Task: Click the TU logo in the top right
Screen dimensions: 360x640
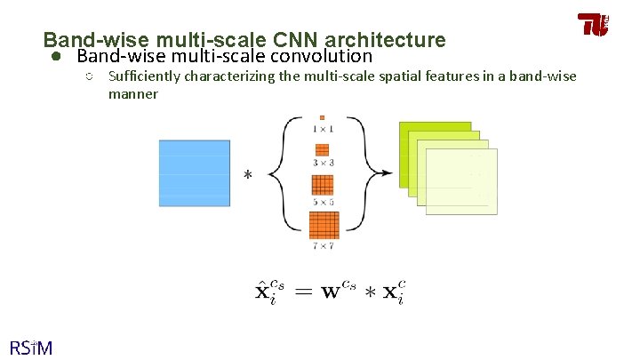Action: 593,24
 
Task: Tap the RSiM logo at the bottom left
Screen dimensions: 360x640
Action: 30,347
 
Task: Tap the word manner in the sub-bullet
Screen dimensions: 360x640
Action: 133,93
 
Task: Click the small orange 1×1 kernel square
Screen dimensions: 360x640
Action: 322,116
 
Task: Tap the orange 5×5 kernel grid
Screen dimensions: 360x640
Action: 322,185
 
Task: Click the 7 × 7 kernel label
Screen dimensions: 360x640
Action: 322,244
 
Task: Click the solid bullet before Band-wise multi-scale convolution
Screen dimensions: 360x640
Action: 54,56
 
